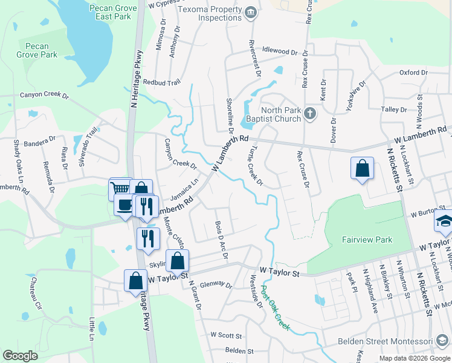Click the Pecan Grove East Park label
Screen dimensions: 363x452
click(109, 12)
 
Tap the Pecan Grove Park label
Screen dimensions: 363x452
click(37, 50)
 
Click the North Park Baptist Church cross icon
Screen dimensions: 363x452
click(309, 114)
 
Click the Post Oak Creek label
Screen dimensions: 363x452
click(276, 309)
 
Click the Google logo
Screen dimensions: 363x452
click(20, 356)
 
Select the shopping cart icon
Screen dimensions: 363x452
click(120, 188)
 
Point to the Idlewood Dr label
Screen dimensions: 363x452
click(280, 52)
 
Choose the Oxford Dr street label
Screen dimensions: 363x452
click(413, 73)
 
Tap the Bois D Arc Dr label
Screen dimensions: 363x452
click(221, 240)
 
